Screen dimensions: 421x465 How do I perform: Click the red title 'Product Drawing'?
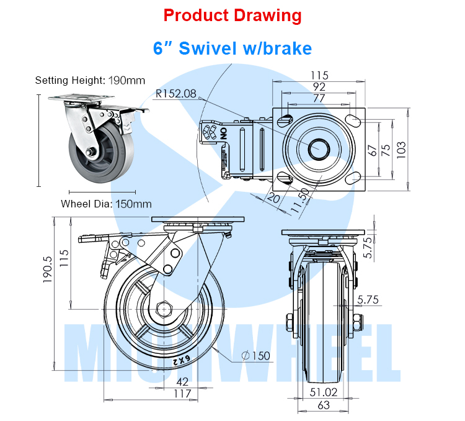click(x=232, y=16)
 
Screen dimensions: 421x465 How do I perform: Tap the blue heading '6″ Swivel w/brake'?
click(x=232, y=48)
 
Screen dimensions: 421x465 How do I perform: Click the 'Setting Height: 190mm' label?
click(x=90, y=80)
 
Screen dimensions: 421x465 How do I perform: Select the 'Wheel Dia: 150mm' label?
click(x=106, y=203)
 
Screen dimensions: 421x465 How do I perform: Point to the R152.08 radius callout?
click(x=175, y=94)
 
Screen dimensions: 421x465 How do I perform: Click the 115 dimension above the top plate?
click(x=320, y=75)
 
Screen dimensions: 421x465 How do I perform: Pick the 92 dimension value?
click(x=319, y=87)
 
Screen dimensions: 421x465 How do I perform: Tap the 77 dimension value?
click(x=319, y=98)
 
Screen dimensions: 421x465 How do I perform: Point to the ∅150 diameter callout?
click(x=256, y=356)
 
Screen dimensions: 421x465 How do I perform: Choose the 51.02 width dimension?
click(x=323, y=392)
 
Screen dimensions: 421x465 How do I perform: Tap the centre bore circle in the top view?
click(x=321, y=148)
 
